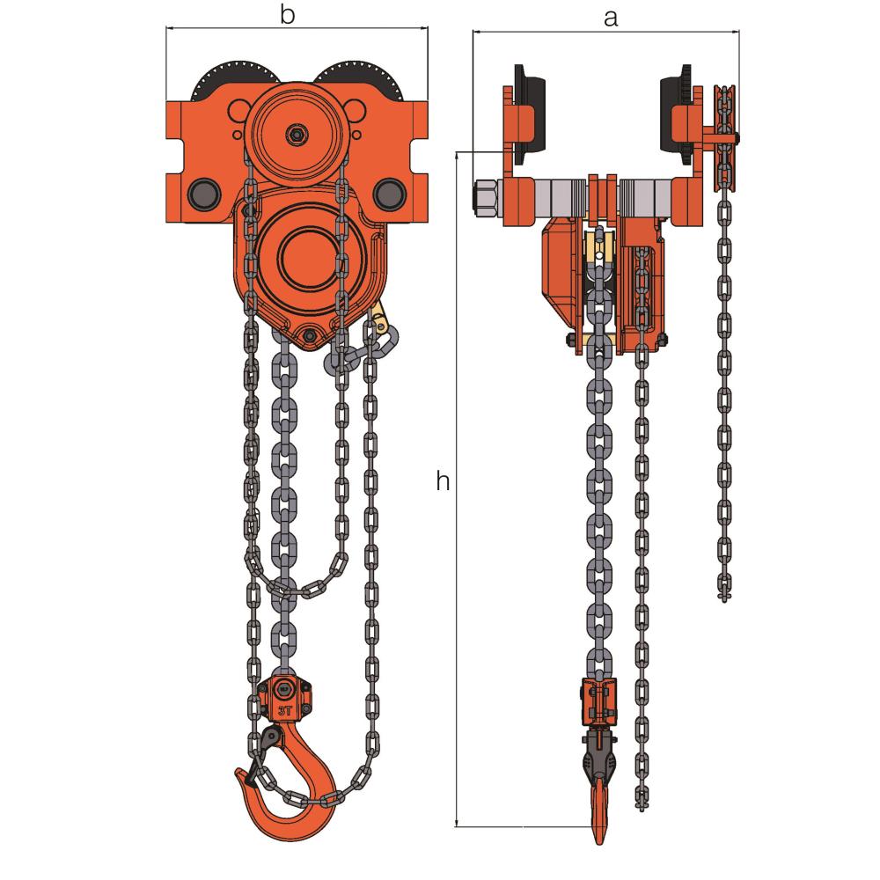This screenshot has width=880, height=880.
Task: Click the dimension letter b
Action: click(286, 15)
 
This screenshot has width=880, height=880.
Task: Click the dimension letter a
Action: click(610, 17)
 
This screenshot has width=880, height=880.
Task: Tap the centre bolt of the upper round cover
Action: click(297, 134)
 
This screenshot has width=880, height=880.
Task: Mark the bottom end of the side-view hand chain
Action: click(724, 595)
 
